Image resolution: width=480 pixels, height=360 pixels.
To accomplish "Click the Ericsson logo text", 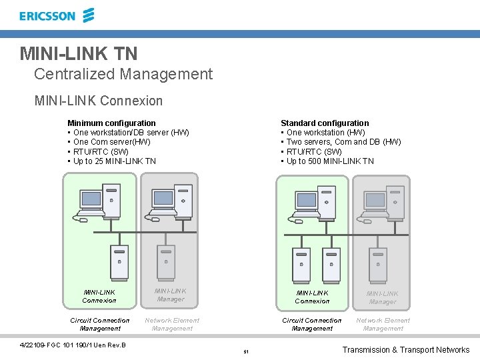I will pyautogui.click(x=47, y=16).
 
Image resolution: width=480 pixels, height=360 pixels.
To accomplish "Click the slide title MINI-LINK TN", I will pyautogui.click(x=79, y=53).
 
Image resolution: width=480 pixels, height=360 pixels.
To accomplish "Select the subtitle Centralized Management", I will pyautogui.click(x=123, y=74).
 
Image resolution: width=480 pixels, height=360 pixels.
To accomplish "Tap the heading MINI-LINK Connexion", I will pyautogui.click(x=99, y=101).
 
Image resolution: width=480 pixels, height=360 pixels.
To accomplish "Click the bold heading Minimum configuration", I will pyautogui.click(x=111, y=123).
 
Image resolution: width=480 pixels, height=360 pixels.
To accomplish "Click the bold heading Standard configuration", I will pyautogui.click(x=325, y=123).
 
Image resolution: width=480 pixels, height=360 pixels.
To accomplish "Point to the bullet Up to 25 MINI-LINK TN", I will pyautogui.click(x=114, y=161).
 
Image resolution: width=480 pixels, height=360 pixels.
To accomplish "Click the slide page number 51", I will pyautogui.click(x=246, y=351).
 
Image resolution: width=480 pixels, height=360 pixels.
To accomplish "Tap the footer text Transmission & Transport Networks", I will pyautogui.click(x=405, y=350).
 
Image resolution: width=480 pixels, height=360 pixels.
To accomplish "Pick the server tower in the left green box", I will pyautogui.click(x=119, y=262).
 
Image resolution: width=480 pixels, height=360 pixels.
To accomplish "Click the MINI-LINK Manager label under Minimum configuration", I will pyautogui.click(x=171, y=295).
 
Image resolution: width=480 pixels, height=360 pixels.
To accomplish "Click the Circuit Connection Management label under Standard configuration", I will pyautogui.click(x=312, y=324).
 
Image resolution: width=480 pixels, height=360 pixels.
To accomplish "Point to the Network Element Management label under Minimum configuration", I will pyautogui.click(x=172, y=324).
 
